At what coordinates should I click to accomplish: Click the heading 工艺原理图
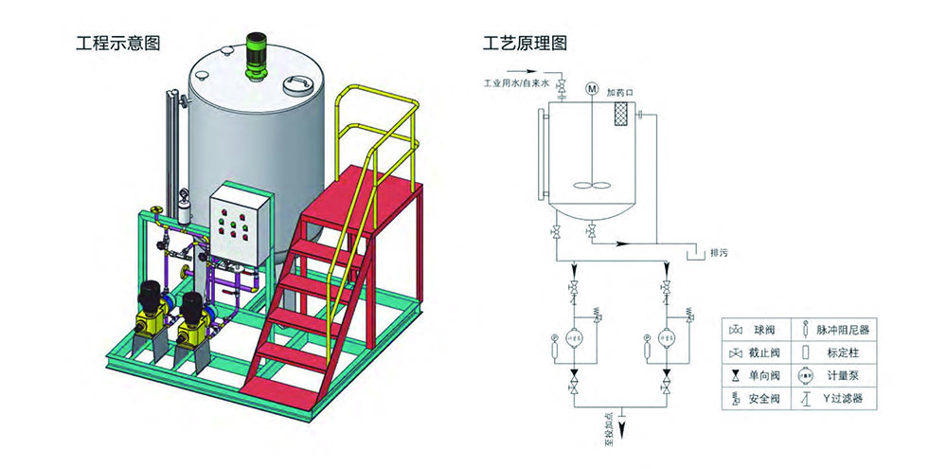click(x=525, y=44)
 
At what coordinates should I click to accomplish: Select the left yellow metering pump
click(x=148, y=312)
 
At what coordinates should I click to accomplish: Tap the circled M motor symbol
click(x=592, y=89)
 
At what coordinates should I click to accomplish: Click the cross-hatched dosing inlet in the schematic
click(x=621, y=115)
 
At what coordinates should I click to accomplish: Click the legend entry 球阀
click(x=762, y=330)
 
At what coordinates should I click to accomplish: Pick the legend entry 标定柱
click(x=835, y=352)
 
